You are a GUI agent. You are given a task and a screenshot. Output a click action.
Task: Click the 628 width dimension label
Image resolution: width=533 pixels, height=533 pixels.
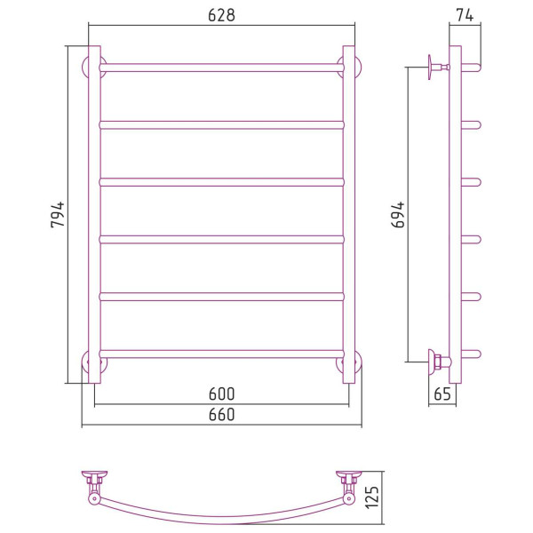(x=221, y=15)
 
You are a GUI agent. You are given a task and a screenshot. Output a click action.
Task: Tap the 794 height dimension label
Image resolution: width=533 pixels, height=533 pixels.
(x=58, y=214)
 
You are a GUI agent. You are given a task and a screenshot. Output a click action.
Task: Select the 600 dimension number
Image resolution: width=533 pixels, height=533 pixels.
(x=221, y=394)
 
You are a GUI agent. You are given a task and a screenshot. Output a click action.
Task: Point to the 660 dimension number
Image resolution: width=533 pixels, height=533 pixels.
(x=221, y=415)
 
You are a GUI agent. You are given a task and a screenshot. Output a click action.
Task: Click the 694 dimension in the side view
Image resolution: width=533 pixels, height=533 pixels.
(x=398, y=214)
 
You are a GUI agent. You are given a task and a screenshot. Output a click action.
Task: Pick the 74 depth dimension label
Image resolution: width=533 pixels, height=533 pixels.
(x=465, y=15)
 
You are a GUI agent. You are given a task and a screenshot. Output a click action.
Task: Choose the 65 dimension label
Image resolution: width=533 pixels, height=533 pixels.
(x=442, y=394)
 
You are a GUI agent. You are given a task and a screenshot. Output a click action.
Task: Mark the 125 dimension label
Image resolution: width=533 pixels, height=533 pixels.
(x=372, y=497)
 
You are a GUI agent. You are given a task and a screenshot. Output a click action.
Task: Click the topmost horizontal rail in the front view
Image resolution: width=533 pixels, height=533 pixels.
(x=221, y=68)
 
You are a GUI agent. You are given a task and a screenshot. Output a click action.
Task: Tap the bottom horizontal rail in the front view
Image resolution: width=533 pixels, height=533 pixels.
(x=221, y=354)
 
